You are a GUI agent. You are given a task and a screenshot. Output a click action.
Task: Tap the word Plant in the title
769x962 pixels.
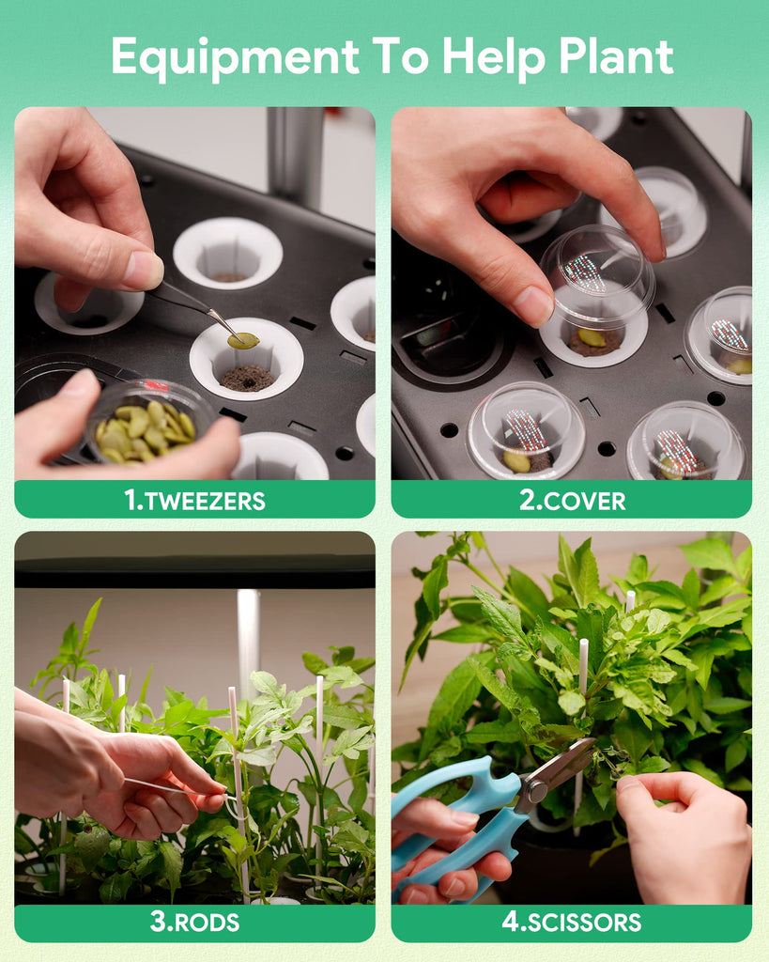click(x=616, y=57)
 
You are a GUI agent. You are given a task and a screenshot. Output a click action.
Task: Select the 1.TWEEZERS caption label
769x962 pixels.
click(x=194, y=501)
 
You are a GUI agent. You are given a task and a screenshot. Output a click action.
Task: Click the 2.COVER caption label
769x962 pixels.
click(x=572, y=501)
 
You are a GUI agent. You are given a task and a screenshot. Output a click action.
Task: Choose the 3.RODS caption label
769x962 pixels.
click(x=194, y=923)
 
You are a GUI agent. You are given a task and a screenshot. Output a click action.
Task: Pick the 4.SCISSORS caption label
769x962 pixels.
click(x=572, y=923)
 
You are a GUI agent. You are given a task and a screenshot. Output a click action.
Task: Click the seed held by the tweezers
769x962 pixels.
click(x=243, y=340)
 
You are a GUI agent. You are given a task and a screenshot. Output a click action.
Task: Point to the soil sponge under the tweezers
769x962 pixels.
click(x=247, y=378)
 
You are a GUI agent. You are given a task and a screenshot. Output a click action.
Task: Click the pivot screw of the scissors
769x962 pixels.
click(x=536, y=791)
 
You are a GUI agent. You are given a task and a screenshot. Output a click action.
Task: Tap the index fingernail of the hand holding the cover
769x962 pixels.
click(x=533, y=305)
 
